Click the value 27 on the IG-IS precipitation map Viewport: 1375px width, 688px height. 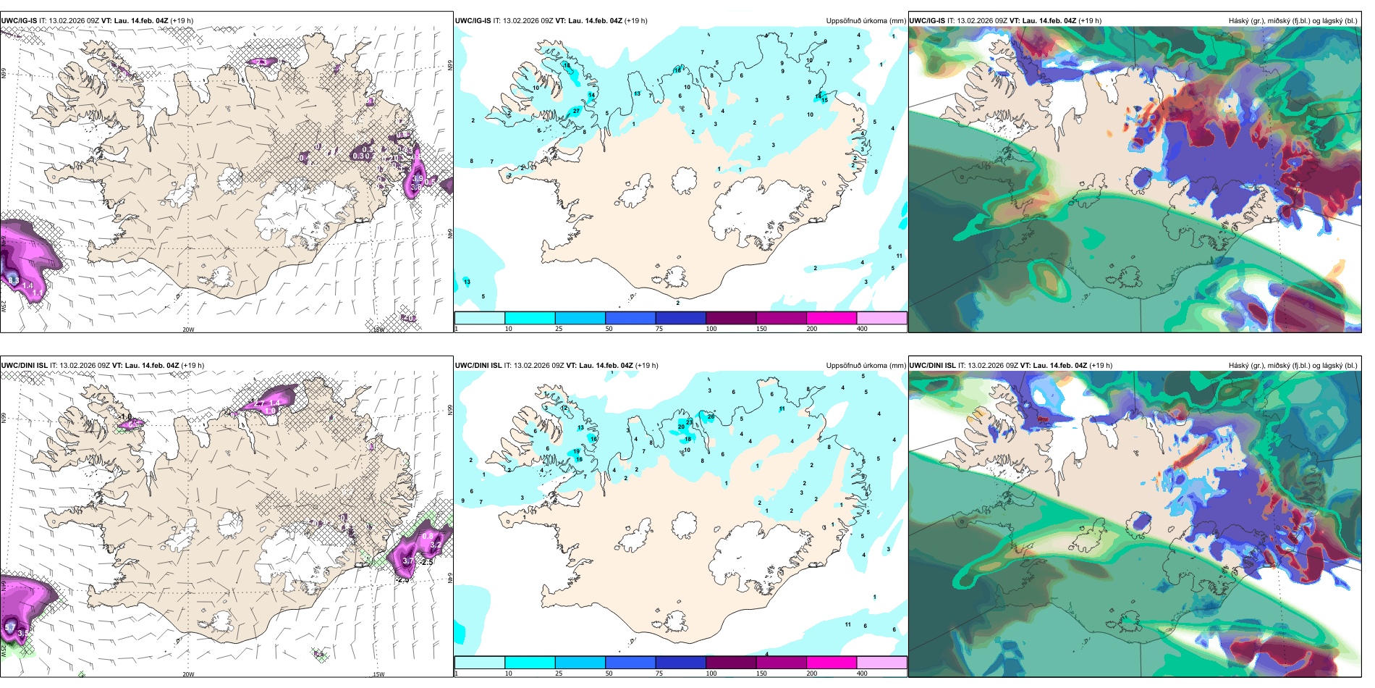coord(576,111)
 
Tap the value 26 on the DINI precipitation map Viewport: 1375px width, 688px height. coord(711,416)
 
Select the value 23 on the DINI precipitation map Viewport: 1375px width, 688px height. coord(689,421)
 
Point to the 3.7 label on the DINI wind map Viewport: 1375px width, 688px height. coord(407,561)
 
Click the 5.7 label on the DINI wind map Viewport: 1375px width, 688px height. coord(10,626)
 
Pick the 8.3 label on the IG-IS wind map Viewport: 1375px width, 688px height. coord(13,280)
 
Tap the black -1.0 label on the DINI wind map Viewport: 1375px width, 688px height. coord(126,416)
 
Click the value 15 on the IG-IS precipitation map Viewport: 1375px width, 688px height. coord(824,101)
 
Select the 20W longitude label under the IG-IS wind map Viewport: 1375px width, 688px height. coord(188,330)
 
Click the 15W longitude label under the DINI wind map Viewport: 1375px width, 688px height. coord(378,674)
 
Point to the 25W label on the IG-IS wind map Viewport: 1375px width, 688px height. coord(4,306)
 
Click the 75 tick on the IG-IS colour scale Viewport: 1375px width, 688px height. coord(659,329)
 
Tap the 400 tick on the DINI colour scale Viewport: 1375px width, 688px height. coord(862,674)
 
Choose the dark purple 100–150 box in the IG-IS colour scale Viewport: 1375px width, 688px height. coord(730,318)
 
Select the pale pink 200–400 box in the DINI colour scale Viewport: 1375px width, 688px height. coord(881,663)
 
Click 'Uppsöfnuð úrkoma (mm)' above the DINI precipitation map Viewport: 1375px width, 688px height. coord(866,366)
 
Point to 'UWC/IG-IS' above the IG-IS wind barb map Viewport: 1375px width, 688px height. coord(19,21)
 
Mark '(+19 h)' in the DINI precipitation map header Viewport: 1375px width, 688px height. coord(646,366)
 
